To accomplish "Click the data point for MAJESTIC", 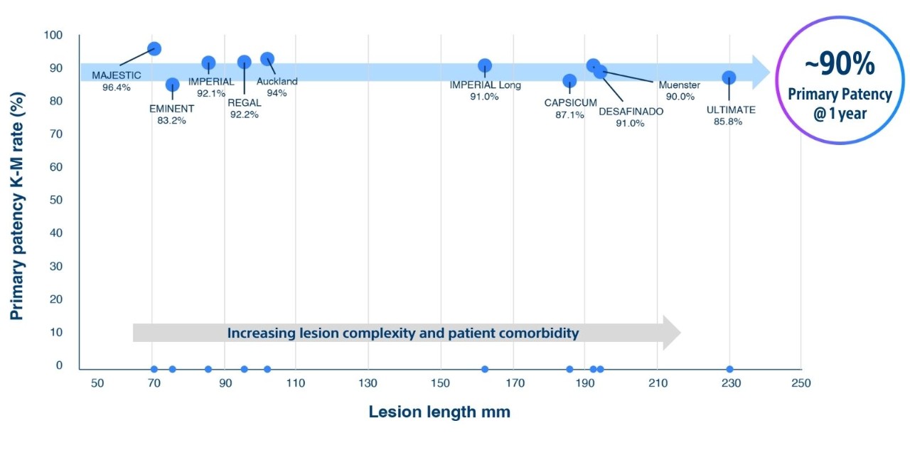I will tap(154, 48).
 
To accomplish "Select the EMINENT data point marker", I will tap(172, 85).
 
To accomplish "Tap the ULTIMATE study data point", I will tap(729, 77).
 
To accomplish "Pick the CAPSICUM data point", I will tap(569, 81).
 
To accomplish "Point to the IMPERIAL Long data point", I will tap(485, 65).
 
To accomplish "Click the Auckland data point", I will tap(267, 59).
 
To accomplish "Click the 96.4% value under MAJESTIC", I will tap(117, 87).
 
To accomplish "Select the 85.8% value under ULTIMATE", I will tap(728, 122).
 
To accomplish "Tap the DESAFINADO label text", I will tap(631, 112).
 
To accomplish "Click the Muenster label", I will tap(679, 85).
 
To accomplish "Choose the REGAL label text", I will tap(244, 103).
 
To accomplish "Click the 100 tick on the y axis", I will tap(53, 36).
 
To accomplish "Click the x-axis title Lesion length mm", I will tap(439, 412).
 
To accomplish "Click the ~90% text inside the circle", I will tap(840, 65).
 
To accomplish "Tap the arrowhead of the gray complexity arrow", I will tap(671, 333).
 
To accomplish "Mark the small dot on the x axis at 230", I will tap(729, 369).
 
